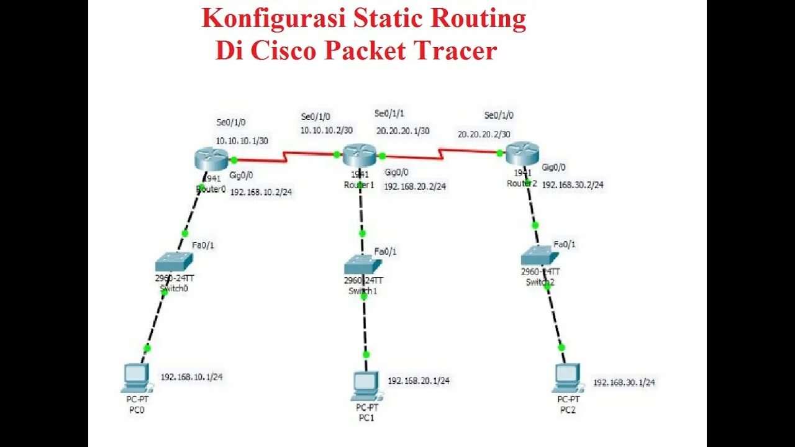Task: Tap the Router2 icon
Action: pyautogui.click(x=522, y=153)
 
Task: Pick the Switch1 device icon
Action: pyautogui.click(x=363, y=265)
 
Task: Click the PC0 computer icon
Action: pyautogui.click(x=136, y=377)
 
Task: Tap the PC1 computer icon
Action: pyautogui.click(x=366, y=385)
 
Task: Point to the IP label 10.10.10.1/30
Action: pyautogui.click(x=242, y=141)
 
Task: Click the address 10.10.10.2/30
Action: pyautogui.click(x=327, y=130)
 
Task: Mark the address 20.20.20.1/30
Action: pyautogui.click(x=403, y=131)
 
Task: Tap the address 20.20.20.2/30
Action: pyautogui.click(x=484, y=134)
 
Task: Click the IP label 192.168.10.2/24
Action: pyautogui.click(x=261, y=192)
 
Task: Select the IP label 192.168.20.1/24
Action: pyautogui.click(x=419, y=381)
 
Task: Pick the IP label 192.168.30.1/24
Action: pyautogui.click(x=624, y=382)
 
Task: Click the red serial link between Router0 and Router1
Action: pyautogui.click(x=286, y=158)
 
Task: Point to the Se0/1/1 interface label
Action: pyautogui.click(x=389, y=114)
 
